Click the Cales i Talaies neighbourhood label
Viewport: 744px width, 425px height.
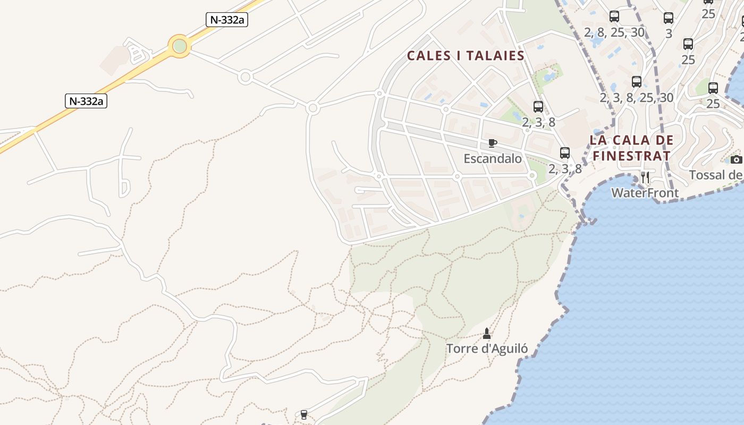[466, 56]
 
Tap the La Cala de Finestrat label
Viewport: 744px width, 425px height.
[631, 148]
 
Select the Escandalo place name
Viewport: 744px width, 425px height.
[493, 158]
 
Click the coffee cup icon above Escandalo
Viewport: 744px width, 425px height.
[493, 143]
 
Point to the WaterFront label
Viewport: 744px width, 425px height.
[645, 192]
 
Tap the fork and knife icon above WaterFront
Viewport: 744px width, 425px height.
[645, 177]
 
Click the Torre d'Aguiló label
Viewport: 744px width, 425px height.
[487, 348]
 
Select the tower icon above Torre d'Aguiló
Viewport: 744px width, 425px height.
[486, 334]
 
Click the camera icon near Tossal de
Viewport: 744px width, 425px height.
[736, 159]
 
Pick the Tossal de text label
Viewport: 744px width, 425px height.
[716, 175]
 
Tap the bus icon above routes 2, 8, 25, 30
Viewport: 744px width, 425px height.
[614, 16]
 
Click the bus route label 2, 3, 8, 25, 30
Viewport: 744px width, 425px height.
[636, 98]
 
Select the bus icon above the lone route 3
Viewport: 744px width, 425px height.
[669, 18]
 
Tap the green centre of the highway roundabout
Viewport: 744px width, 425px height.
[180, 46]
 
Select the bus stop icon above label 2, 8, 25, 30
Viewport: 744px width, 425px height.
[614, 16]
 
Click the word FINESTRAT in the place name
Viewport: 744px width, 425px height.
[631, 156]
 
